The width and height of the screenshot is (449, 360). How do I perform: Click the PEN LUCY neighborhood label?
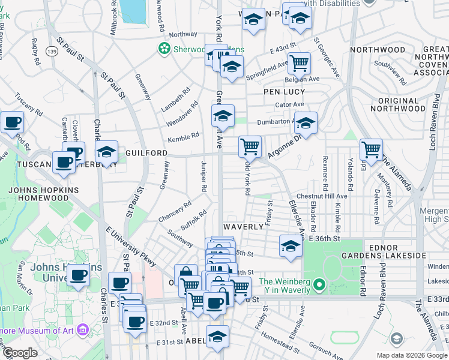(x=284, y=92)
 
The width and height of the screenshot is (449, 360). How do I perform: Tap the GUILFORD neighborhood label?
(x=146, y=154)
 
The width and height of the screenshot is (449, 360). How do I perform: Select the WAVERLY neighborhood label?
(x=243, y=227)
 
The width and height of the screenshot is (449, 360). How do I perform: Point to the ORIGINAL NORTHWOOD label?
(x=394, y=105)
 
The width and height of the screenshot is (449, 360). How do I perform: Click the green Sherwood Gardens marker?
(x=163, y=47)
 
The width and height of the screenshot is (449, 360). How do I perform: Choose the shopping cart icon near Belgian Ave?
(x=299, y=62)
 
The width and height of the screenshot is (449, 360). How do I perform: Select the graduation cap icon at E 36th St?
(x=291, y=245)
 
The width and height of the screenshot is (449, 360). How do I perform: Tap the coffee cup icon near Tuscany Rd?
(x=12, y=123)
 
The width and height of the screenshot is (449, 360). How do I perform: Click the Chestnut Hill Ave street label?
(x=326, y=196)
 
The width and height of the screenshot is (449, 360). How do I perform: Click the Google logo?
(x=19, y=353)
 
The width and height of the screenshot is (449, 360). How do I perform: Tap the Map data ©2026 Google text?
(x=411, y=355)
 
